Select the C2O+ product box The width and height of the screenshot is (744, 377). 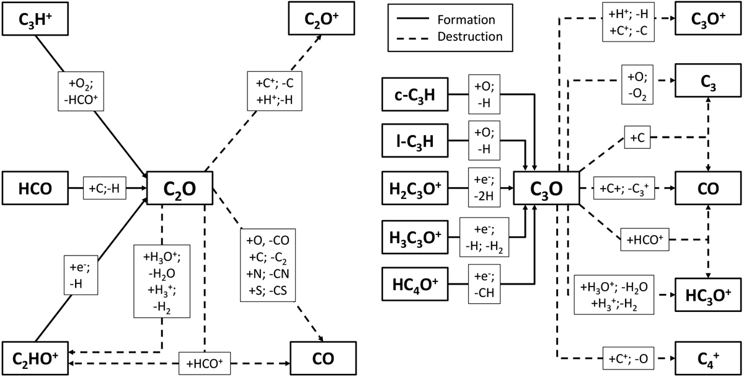[x=321, y=19]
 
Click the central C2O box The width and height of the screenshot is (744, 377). [x=180, y=187]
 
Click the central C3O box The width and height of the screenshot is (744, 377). [x=546, y=187]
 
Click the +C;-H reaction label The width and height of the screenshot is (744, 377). [x=109, y=187]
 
